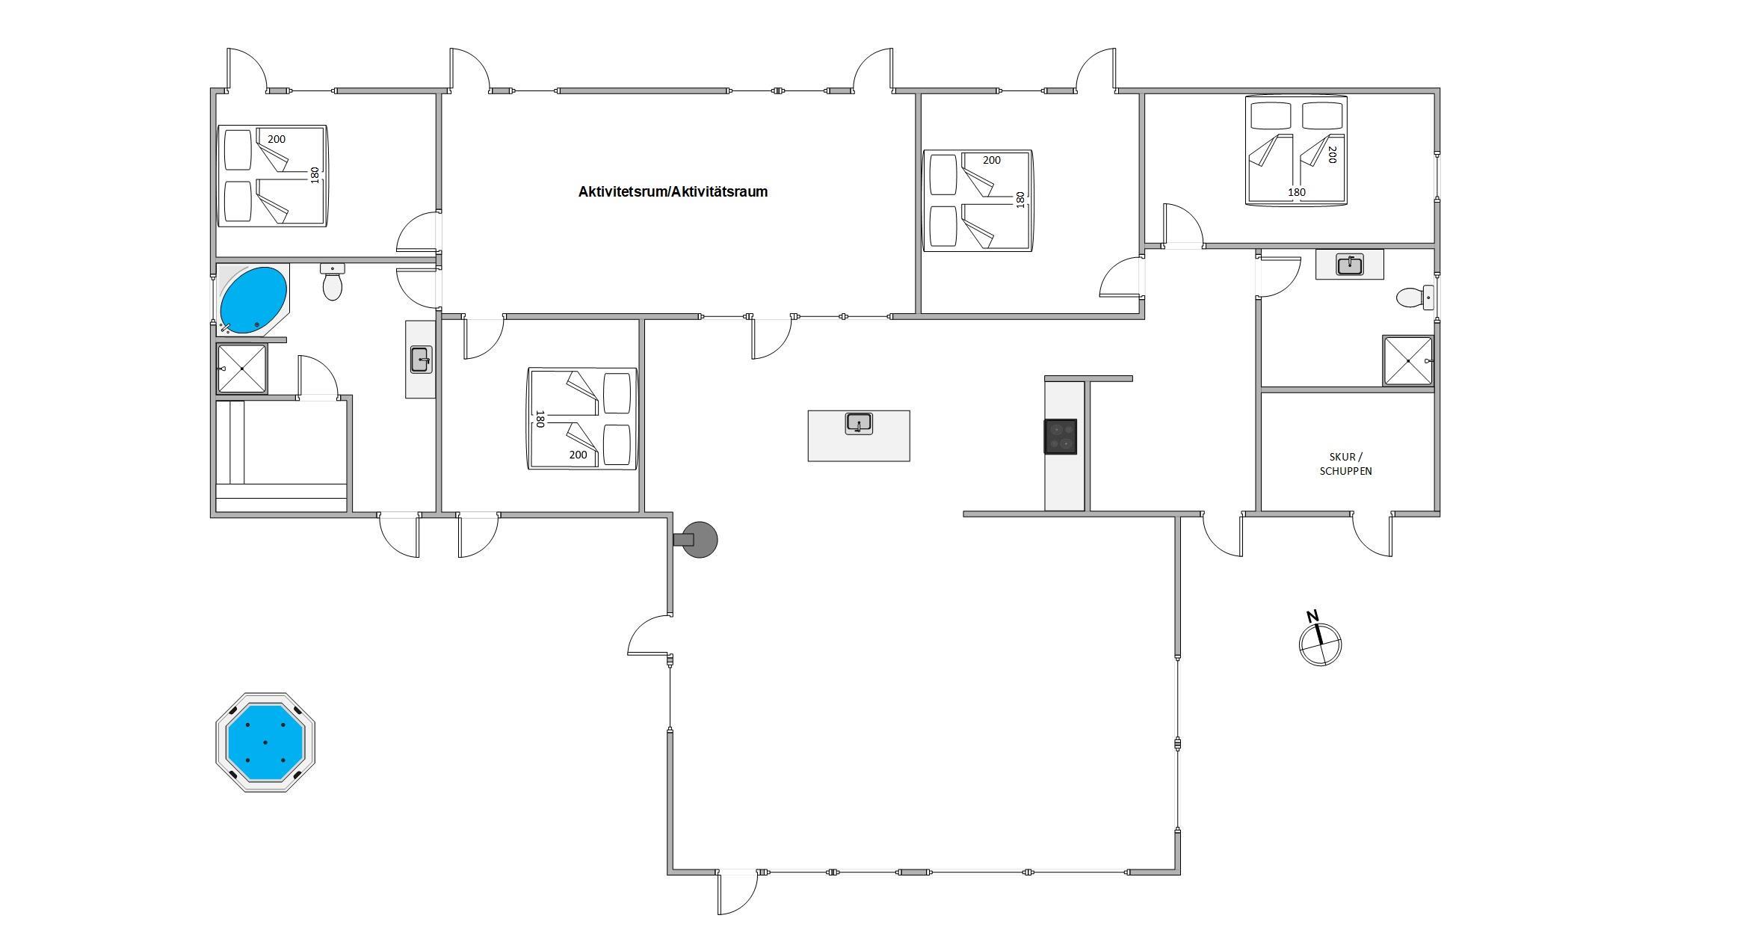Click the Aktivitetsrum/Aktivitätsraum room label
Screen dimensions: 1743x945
[673, 191]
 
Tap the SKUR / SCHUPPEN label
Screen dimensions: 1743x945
[1345, 464]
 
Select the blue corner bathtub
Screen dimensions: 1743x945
[253, 300]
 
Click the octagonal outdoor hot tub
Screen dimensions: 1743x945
[265, 742]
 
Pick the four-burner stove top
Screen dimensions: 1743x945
[1061, 437]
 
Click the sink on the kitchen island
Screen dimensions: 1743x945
[860, 424]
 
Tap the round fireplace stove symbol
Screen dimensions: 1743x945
[696, 540]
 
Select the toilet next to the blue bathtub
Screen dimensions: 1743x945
[333, 281]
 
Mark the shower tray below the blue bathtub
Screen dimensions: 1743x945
[241, 369]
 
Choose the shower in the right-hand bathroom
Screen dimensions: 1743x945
[1408, 360]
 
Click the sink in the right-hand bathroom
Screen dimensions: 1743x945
[1349, 265]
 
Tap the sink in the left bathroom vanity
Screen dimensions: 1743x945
[421, 360]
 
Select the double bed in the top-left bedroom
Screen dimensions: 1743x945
[272, 176]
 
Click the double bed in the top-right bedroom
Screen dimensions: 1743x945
[1296, 150]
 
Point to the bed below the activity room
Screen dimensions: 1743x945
[582, 419]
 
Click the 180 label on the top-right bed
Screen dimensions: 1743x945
[1297, 192]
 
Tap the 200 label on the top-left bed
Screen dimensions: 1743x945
[277, 139]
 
